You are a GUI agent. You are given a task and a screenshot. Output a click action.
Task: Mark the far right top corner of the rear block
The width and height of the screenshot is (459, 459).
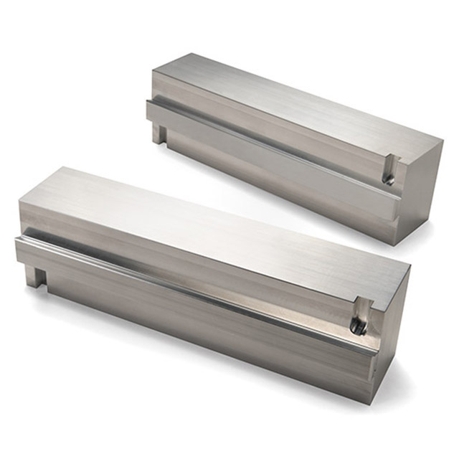pyautogui.click(x=443, y=146)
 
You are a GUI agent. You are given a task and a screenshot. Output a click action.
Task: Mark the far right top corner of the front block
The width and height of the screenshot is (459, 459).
pyautogui.click(x=410, y=267)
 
